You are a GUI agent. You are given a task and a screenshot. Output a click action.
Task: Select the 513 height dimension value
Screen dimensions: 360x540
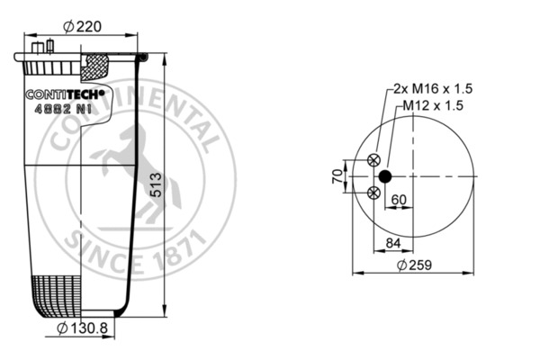click(156, 185)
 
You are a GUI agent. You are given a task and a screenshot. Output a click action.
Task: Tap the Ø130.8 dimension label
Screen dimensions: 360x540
click(83, 328)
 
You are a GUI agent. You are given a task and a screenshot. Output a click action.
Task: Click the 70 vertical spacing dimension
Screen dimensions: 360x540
click(338, 176)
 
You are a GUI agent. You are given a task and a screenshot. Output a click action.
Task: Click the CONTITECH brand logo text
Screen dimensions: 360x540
click(64, 93)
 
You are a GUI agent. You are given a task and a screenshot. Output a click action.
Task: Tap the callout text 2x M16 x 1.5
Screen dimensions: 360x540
click(433, 88)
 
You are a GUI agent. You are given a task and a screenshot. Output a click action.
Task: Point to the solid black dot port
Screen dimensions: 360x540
click(385, 176)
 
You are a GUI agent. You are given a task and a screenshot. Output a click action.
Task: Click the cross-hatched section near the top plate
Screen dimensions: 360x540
click(96, 65)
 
